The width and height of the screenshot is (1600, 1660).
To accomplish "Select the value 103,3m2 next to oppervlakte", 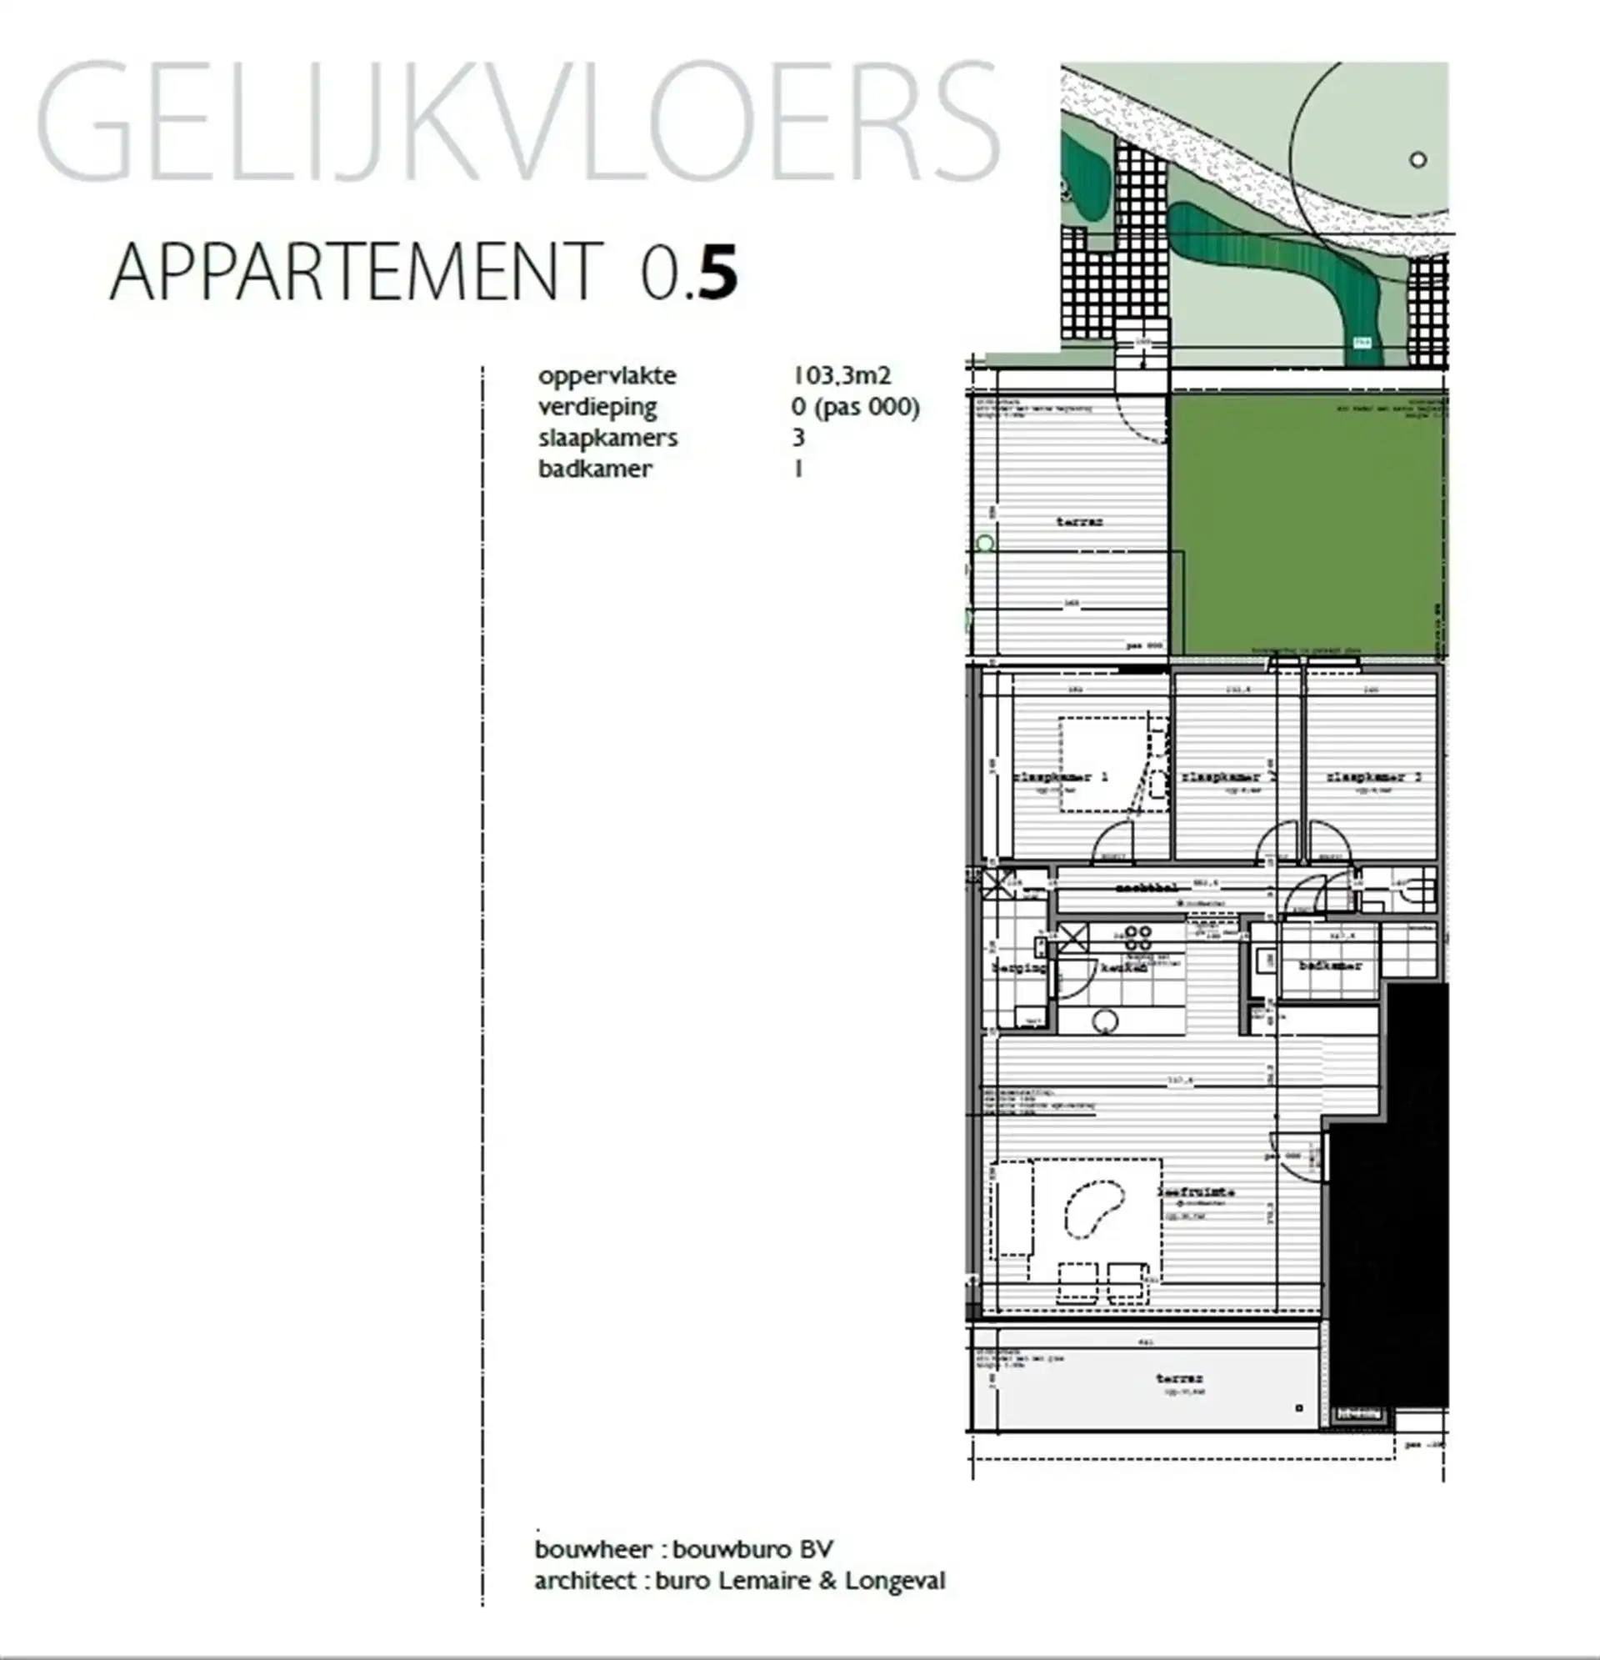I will tap(841, 375).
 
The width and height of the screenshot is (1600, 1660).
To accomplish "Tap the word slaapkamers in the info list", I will tap(607, 438).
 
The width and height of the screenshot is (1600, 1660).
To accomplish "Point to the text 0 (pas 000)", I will tap(855, 407).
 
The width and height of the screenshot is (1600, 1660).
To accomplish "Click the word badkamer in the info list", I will tap(595, 469).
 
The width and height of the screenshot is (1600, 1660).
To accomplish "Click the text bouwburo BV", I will tap(752, 1549).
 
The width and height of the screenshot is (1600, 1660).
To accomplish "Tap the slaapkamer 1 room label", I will tap(1062, 775).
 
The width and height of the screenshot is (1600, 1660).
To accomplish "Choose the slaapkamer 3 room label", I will tap(1372, 775).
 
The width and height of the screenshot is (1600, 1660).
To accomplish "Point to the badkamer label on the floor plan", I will tap(1330, 965).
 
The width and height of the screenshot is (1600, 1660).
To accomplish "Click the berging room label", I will tap(1018, 967).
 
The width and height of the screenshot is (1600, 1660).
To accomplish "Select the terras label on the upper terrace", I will tap(1079, 522).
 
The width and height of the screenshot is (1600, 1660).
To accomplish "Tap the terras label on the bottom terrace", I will tap(1179, 1378).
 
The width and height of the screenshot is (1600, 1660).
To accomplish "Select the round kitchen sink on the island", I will tap(1105, 1021).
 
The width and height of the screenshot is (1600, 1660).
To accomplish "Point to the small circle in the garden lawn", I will tap(1418, 159).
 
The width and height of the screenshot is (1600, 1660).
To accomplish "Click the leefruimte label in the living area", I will tap(1196, 1191).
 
